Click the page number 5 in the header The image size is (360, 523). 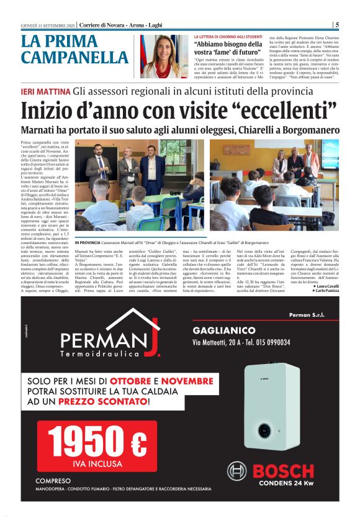tap(337, 25)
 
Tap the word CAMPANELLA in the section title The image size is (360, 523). tap(74, 58)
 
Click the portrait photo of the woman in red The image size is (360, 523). tap(164, 56)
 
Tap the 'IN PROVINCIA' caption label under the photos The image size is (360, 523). tap(87, 241)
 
